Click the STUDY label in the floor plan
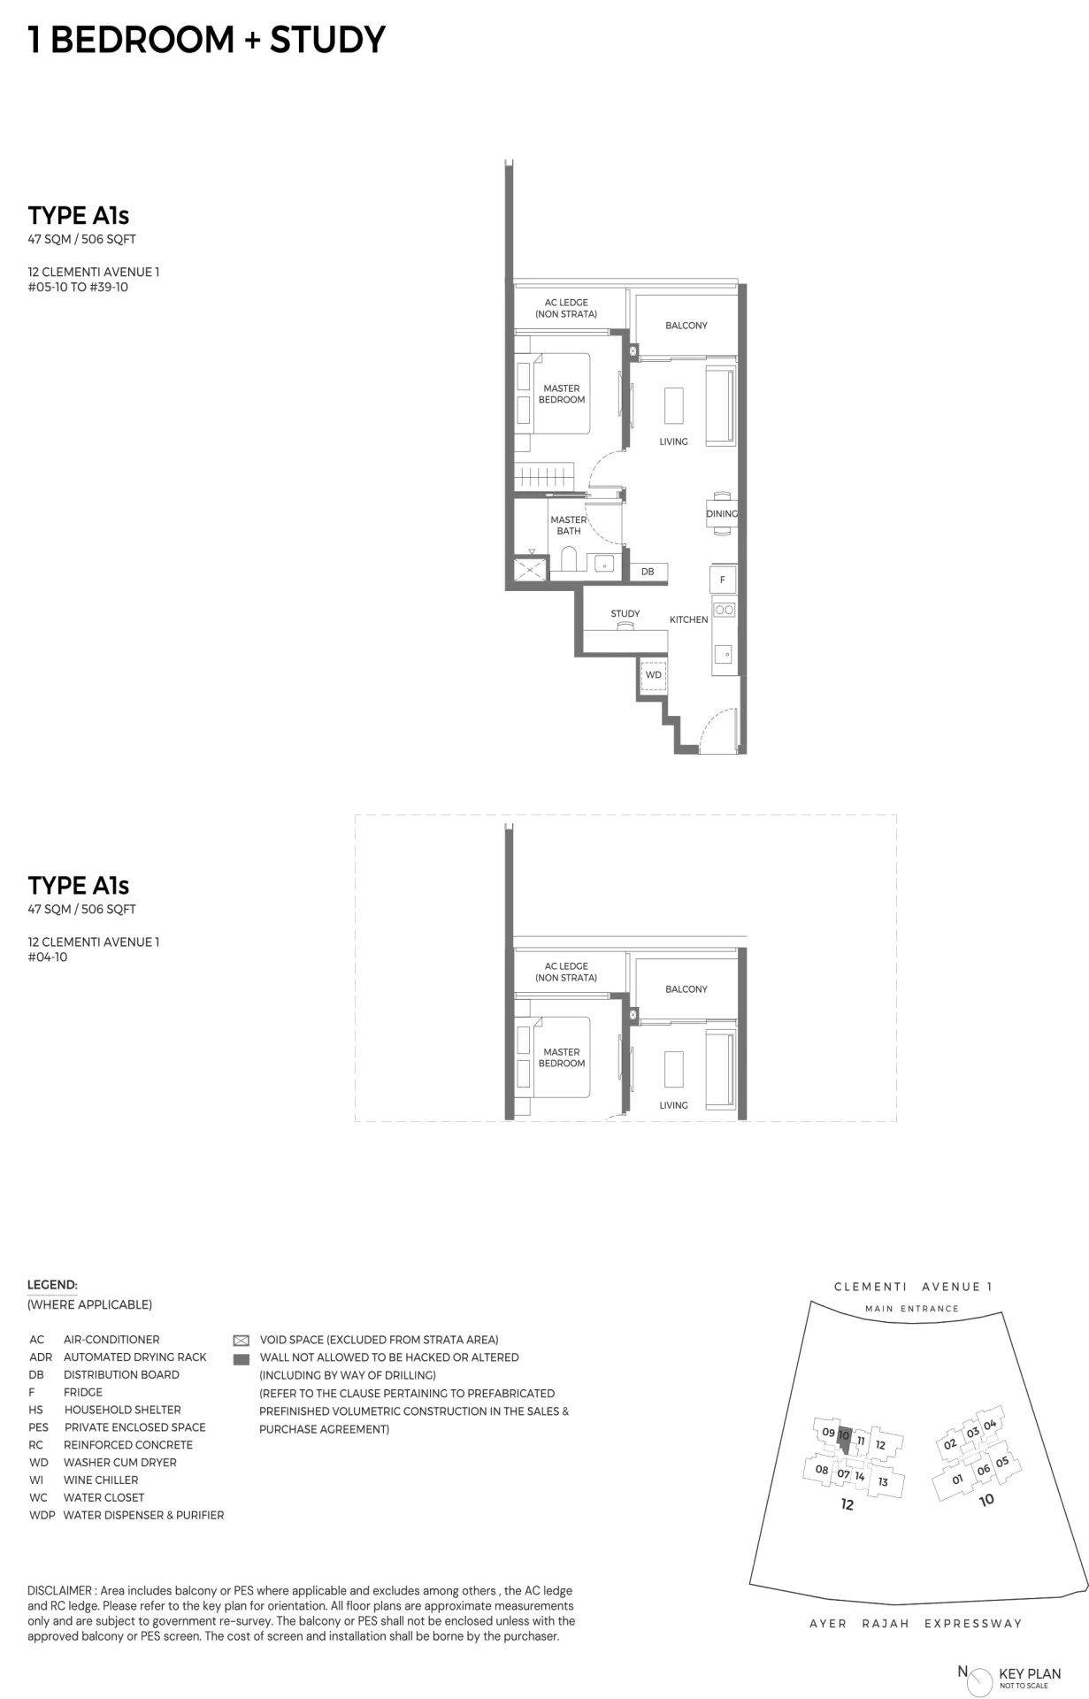625,613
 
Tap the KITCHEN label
688,619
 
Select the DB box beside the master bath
648,572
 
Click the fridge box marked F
722,580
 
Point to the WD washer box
653,675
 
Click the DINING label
722,513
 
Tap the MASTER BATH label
569,526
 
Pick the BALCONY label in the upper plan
686,326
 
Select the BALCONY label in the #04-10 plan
686,989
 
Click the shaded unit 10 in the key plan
844,1441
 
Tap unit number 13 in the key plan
883,1481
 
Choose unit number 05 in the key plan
1001,1462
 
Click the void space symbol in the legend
241,1341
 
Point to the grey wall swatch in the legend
241,1359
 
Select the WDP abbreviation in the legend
42,1515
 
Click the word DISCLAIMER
59,1591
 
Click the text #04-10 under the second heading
48,957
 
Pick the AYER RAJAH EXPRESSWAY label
916,1624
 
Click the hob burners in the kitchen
724,610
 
